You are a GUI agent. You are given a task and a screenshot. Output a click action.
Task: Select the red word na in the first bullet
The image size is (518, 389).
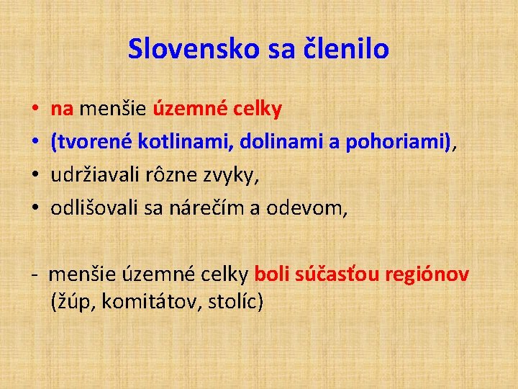tap(62, 109)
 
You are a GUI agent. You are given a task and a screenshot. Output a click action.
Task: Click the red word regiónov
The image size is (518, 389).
tap(427, 274)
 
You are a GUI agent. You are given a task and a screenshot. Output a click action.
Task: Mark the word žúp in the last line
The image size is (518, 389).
tap(75, 301)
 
